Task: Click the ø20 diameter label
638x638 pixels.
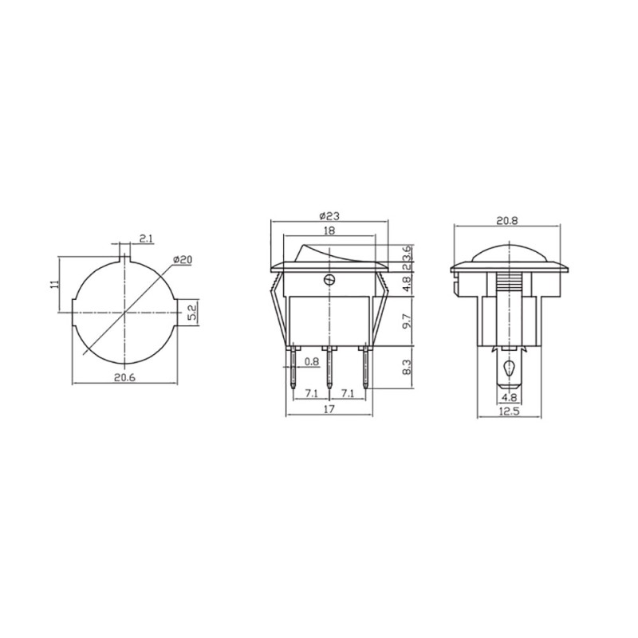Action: click(183, 259)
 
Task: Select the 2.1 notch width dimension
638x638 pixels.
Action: click(146, 238)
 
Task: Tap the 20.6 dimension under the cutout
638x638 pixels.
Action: click(124, 377)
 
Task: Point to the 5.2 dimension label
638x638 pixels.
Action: click(192, 313)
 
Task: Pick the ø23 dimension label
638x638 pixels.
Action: click(329, 216)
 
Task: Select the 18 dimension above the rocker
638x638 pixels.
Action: click(329, 230)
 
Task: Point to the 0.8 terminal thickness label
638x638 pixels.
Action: click(312, 361)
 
